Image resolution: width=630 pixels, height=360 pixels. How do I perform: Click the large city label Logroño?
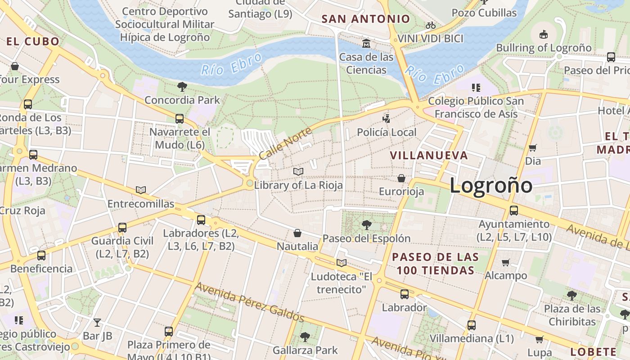tap(491, 185)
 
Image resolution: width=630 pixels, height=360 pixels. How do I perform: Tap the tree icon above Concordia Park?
tap(182, 86)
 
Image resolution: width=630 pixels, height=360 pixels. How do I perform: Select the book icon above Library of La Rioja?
tap(298, 171)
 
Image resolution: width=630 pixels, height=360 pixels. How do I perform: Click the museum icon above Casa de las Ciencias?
tap(366, 44)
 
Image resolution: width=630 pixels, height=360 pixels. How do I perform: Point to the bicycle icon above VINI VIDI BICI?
tap(431, 25)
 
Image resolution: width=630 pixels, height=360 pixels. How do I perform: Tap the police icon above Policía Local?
tap(386, 119)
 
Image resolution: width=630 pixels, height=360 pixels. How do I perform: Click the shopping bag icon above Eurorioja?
tap(401, 178)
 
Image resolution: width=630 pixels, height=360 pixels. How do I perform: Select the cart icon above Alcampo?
tap(506, 262)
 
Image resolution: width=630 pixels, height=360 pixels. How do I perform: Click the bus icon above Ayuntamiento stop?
tap(513, 210)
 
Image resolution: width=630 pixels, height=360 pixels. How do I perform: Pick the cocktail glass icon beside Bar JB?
tap(97, 322)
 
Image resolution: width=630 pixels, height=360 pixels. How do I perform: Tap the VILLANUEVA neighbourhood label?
tap(429, 156)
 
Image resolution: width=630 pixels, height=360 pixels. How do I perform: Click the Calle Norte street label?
tap(285, 143)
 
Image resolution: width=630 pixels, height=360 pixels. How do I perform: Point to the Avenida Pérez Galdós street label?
tap(249, 302)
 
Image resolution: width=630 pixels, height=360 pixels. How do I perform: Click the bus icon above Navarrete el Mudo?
tap(180, 119)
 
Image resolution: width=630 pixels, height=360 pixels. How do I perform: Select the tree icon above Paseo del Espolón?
tap(366, 225)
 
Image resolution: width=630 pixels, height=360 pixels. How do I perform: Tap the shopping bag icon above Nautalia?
tap(297, 233)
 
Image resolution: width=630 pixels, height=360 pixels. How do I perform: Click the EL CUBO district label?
tap(33, 41)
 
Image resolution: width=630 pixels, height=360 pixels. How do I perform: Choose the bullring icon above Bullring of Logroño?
tap(544, 34)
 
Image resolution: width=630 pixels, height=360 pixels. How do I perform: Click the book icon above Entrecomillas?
tap(141, 190)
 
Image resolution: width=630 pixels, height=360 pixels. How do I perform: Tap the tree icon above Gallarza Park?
tap(305, 337)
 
